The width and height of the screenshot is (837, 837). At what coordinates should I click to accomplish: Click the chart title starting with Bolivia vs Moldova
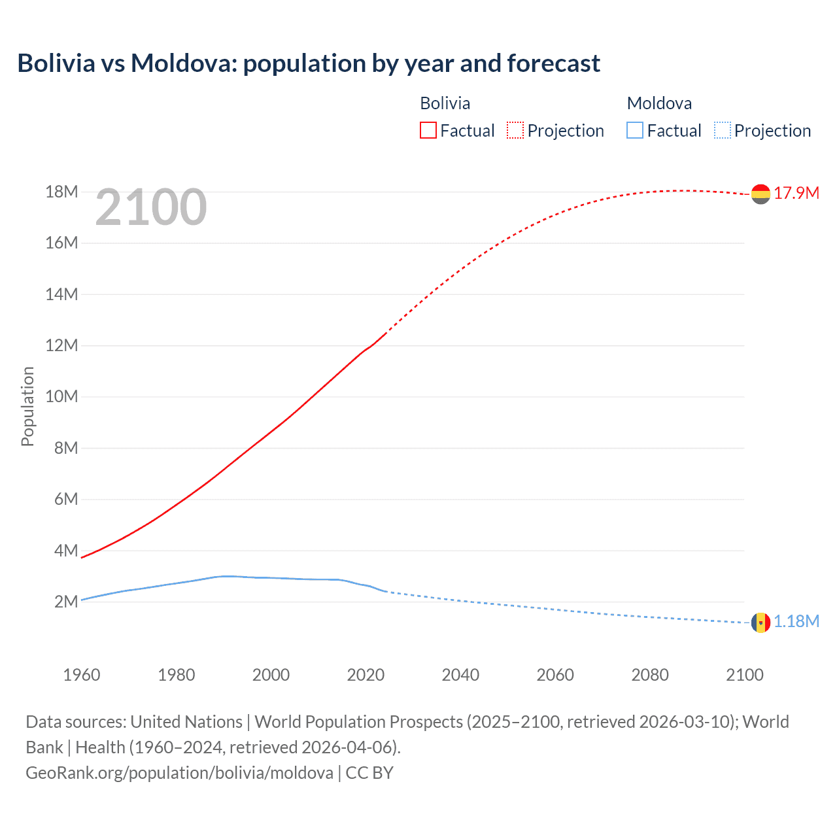(309, 63)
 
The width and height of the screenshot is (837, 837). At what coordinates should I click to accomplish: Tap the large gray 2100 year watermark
(151, 207)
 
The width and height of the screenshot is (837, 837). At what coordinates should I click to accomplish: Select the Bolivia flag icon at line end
(760, 194)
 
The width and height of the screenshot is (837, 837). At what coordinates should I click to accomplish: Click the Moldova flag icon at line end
(760, 622)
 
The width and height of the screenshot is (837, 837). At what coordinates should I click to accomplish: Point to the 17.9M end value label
(796, 193)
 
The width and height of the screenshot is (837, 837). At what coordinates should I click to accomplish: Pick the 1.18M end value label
(796, 621)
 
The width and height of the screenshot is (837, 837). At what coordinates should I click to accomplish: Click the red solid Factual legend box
(428, 131)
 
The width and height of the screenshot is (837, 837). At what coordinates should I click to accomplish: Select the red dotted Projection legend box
(515, 131)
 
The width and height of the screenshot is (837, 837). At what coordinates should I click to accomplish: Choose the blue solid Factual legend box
(635, 131)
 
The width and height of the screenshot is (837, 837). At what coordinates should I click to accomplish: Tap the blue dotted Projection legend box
(723, 131)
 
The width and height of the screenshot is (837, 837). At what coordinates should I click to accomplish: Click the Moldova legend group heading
(659, 103)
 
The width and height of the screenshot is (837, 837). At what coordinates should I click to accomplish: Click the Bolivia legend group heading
(445, 103)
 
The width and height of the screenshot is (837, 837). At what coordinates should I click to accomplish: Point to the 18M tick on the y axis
(61, 192)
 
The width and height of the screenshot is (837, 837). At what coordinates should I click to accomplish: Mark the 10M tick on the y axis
(61, 397)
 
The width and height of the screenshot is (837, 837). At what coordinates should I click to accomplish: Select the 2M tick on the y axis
(65, 602)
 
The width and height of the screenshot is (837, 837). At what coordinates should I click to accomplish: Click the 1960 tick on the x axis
(82, 675)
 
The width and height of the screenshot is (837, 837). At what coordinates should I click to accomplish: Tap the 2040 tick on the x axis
(460, 675)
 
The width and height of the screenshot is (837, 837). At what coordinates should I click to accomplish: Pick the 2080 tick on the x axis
(650, 675)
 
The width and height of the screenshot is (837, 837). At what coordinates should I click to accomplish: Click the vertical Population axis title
(27, 406)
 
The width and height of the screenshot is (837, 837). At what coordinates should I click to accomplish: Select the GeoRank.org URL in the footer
(179, 773)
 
